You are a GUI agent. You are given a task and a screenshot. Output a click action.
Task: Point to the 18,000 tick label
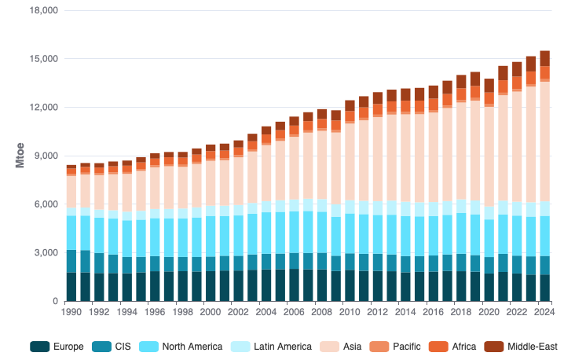coord(43,11)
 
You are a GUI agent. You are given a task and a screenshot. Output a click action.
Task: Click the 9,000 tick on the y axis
coord(46,156)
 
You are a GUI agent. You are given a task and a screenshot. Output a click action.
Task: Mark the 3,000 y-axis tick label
coord(46,253)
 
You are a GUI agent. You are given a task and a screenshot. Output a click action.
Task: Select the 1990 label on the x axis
coord(71,311)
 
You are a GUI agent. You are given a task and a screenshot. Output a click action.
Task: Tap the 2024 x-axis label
coord(544,311)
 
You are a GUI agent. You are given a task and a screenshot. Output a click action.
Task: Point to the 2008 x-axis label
coord(321,311)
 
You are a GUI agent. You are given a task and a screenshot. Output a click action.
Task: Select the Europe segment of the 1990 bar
coord(71,287)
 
